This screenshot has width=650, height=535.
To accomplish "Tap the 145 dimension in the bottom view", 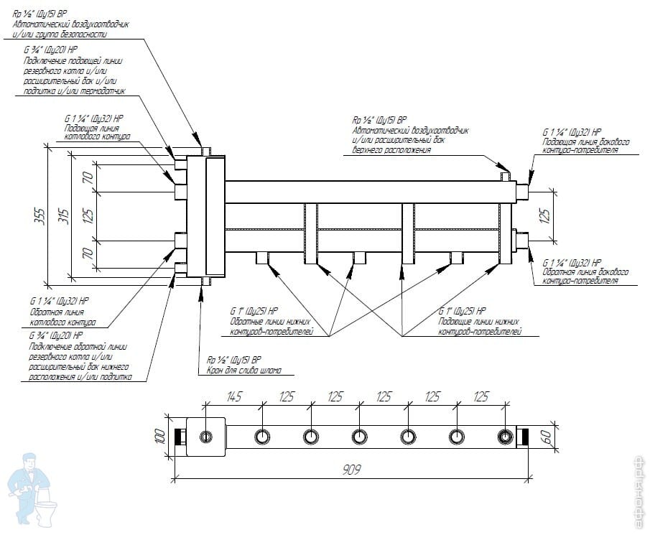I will [x=233, y=396].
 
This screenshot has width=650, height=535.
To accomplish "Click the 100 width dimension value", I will [x=160, y=437].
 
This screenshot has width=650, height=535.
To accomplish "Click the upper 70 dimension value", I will [x=88, y=178].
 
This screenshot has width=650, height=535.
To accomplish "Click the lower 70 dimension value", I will [x=88, y=253].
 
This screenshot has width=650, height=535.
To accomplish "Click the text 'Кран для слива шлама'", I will [x=244, y=371].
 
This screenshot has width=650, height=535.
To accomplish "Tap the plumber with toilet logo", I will [x=29, y=481].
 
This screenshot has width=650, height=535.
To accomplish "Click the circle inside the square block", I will [x=207, y=437].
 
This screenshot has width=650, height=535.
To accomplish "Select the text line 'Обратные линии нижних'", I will [x=269, y=321].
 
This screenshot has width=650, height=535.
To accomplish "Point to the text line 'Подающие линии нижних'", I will [x=478, y=321].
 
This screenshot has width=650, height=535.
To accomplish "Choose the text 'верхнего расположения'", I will [x=391, y=150].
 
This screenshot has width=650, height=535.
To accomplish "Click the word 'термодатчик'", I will [x=105, y=91].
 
